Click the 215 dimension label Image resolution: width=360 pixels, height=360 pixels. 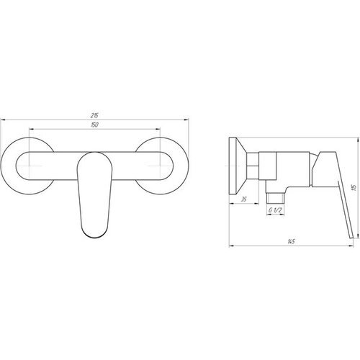(x=94, y=115)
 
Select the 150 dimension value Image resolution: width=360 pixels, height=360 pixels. (x=95, y=125)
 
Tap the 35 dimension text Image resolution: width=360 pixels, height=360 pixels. (x=243, y=199)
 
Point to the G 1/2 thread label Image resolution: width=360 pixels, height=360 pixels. (x=275, y=210)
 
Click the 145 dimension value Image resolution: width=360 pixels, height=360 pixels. (x=291, y=242)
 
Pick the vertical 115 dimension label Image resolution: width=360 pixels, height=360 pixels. (x=355, y=187)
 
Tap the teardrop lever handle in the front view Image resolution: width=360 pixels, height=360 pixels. (x=94, y=195)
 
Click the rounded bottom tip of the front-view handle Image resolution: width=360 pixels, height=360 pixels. (x=94, y=238)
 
